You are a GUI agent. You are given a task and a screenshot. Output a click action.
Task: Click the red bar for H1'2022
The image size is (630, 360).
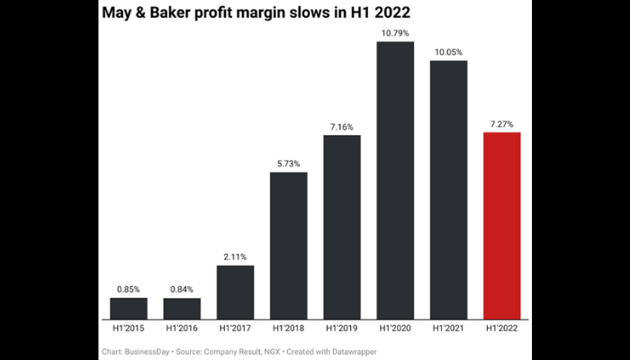[502, 225]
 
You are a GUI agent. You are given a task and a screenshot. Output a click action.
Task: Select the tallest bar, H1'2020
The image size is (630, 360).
[395, 180]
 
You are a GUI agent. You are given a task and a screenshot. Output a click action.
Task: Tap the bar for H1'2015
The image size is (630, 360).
[128, 308]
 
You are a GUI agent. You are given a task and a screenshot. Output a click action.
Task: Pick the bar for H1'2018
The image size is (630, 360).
[288, 245]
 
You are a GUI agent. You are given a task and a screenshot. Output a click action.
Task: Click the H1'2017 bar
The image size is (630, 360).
[235, 292]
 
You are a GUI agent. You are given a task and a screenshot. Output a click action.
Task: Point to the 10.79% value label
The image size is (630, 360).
[395, 33]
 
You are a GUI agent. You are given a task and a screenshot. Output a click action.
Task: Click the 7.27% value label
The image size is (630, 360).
[502, 124]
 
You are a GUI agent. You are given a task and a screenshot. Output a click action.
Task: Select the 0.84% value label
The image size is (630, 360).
[182, 289]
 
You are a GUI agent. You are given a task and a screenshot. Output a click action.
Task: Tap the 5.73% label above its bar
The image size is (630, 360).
[288, 163]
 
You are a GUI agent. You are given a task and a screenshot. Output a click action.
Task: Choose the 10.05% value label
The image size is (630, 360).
[448, 52]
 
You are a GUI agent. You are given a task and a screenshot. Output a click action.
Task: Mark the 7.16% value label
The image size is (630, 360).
[342, 127]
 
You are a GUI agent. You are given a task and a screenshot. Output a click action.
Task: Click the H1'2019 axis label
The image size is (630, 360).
[342, 328]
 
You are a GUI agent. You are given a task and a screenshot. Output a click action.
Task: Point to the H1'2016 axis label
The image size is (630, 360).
[182, 328]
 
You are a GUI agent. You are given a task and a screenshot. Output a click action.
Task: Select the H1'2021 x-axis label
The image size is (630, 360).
[448, 328]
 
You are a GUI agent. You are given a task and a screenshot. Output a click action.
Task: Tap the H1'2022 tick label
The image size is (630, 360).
[502, 328]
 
